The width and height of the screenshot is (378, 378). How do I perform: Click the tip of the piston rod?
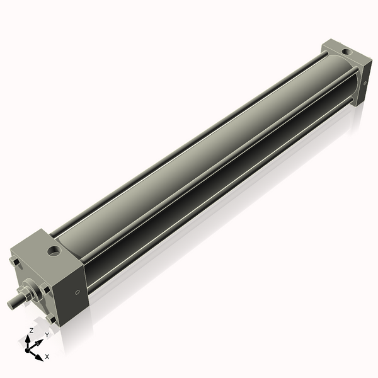[11, 304]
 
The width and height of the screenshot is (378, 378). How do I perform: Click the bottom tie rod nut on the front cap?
[53, 319]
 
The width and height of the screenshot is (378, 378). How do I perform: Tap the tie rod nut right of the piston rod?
[46, 289]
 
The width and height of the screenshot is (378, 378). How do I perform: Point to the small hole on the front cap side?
[77, 292]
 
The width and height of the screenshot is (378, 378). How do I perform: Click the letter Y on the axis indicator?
[46, 335]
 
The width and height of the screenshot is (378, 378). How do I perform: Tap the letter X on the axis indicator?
[47, 357]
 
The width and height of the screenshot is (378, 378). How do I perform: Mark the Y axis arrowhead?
[41, 341]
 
